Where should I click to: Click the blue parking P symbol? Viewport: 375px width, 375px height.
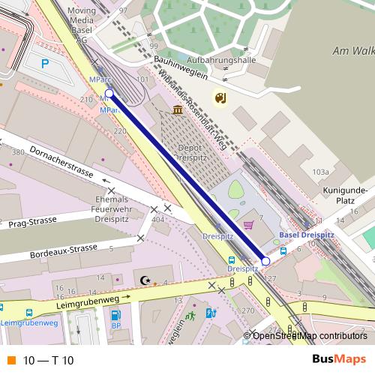point(45,64)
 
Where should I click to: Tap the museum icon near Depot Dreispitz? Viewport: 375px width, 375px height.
point(177,110)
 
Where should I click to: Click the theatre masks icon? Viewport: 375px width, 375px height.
point(220,97)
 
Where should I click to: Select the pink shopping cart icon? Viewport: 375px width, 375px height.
point(248,224)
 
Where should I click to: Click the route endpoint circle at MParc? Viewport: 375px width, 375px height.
point(109,94)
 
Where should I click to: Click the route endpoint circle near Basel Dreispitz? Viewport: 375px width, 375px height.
point(265,261)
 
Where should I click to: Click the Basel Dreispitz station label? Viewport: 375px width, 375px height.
point(307,235)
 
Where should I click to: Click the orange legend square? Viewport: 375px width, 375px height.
point(10,360)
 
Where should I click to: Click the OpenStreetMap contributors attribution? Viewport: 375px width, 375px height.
point(309,335)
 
